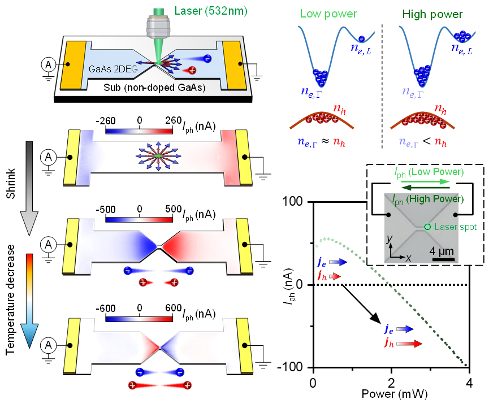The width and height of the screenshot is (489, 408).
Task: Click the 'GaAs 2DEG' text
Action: coord(111,70)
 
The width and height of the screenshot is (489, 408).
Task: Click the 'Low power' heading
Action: coord(328,14)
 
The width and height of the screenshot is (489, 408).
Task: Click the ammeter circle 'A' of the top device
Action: coord(49,66)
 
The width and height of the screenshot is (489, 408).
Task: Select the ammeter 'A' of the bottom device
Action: coord(49,345)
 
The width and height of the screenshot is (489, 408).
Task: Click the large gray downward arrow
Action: coord(29,186)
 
